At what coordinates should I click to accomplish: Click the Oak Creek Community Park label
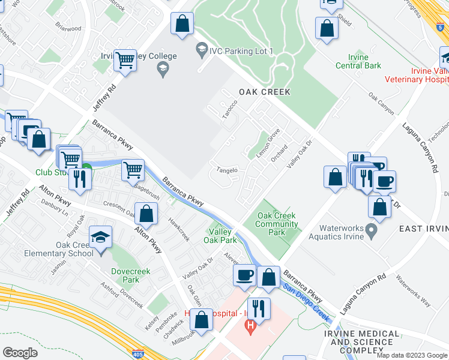click(277, 224)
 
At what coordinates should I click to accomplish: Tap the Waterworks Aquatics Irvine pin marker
click(372, 230)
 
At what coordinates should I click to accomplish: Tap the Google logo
click(20, 352)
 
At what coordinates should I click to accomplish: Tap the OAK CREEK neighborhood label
click(264, 92)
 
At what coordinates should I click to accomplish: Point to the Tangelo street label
click(228, 170)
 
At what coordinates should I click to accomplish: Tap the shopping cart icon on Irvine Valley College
click(125, 61)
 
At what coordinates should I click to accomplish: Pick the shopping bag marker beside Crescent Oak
click(146, 213)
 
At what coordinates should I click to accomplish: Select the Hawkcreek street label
click(178, 229)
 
